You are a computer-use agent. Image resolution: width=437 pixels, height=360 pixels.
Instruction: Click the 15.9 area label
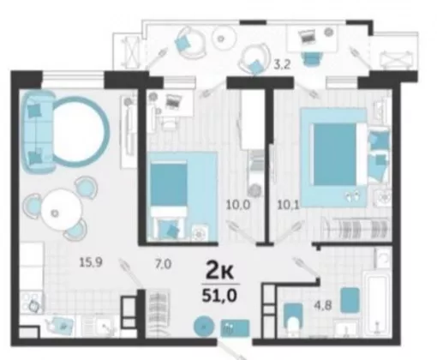click(x=91, y=262)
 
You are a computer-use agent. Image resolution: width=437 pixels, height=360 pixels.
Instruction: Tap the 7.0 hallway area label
click(x=163, y=264)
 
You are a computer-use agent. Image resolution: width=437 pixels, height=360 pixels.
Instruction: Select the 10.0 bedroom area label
click(x=238, y=205)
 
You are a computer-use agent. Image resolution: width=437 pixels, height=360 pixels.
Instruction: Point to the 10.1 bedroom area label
click(x=288, y=205)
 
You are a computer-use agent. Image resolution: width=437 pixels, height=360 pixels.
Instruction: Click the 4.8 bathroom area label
click(x=323, y=306)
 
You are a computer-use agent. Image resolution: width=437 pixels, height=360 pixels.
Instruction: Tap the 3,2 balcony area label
click(x=282, y=65)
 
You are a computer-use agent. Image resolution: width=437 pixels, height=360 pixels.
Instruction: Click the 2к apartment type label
click(x=220, y=272)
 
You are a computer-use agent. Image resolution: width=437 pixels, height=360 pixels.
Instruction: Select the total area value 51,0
click(x=219, y=296)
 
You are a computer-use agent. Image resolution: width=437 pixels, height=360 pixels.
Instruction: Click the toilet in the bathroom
click(x=293, y=320)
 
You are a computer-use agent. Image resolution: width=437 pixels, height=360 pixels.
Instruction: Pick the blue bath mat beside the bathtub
click(x=350, y=300)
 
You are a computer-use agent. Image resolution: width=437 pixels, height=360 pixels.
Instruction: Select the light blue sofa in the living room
click(x=38, y=131)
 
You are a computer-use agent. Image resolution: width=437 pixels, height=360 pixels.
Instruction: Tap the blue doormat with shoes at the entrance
click(x=235, y=327)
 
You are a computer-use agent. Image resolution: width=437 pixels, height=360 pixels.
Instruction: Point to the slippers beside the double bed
click(x=353, y=196)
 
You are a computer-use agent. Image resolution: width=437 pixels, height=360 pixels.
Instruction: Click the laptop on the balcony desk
click(x=307, y=36)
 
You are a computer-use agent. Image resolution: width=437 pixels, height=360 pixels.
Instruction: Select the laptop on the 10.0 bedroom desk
click(x=173, y=100)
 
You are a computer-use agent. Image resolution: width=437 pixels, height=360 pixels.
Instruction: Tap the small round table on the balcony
click(x=224, y=38)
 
